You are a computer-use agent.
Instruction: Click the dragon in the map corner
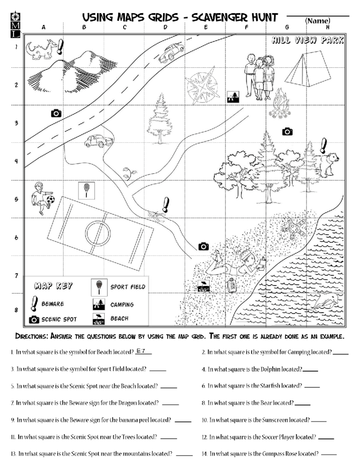[x=40, y=49]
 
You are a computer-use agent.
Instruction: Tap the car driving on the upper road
[x=171, y=52]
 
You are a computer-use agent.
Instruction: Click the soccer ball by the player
[x=51, y=199]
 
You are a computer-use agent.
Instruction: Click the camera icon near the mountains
[x=56, y=113]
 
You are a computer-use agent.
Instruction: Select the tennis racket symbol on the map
[x=86, y=190]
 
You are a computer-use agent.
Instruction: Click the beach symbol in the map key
[x=99, y=319]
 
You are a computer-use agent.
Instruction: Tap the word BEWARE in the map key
[x=52, y=304]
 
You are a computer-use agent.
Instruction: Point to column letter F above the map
[x=246, y=27]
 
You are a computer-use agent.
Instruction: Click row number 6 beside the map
[x=16, y=238]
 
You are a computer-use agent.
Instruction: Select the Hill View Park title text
[x=307, y=40]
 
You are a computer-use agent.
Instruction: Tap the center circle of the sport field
[x=98, y=233]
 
